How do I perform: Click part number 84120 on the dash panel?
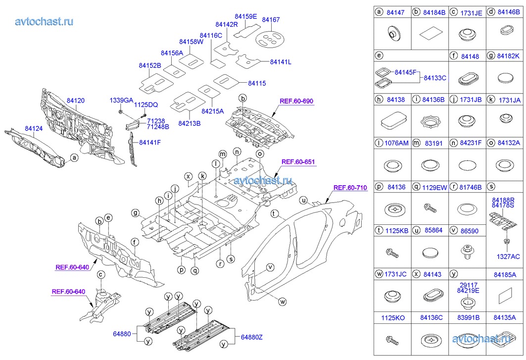[x=76, y=101]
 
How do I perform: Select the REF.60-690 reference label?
[x=296, y=101]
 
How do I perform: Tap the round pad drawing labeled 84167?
[x=270, y=39]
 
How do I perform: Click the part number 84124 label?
[x=34, y=128]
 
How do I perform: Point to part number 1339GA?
[x=121, y=101]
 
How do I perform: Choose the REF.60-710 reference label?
[x=350, y=188]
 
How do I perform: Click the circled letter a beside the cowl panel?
[x=75, y=157]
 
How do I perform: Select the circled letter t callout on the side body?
[x=275, y=213]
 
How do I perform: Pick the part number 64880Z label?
[x=251, y=337]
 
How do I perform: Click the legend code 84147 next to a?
[x=395, y=12]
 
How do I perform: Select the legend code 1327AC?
[x=508, y=257]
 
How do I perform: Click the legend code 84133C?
[x=435, y=78]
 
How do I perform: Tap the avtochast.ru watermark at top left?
[x=44, y=21]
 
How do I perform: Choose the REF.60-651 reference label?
[x=298, y=162]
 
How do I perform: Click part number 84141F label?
[x=150, y=143]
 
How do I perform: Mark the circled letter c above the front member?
[x=100, y=275]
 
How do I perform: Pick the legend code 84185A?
[x=505, y=275]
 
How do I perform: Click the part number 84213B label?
[x=189, y=124]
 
